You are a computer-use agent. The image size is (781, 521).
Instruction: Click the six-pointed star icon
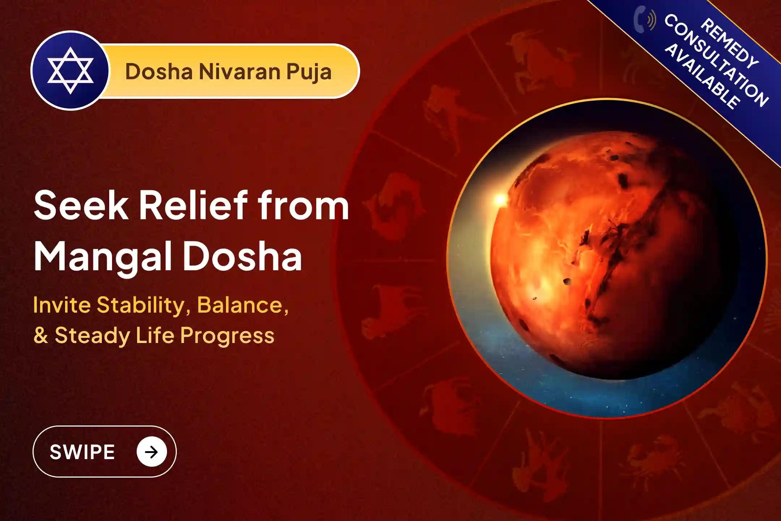coord(70,71)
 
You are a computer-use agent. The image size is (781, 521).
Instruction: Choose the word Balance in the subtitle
coord(242,305)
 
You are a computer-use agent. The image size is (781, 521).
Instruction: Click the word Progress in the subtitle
coord(227,336)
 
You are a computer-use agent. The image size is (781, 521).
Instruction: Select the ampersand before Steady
coord(40,336)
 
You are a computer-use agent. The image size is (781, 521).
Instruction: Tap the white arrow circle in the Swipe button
coord(151,452)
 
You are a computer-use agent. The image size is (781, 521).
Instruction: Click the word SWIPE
coord(82,452)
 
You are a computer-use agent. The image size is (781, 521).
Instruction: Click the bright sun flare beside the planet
coord(500,199)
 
